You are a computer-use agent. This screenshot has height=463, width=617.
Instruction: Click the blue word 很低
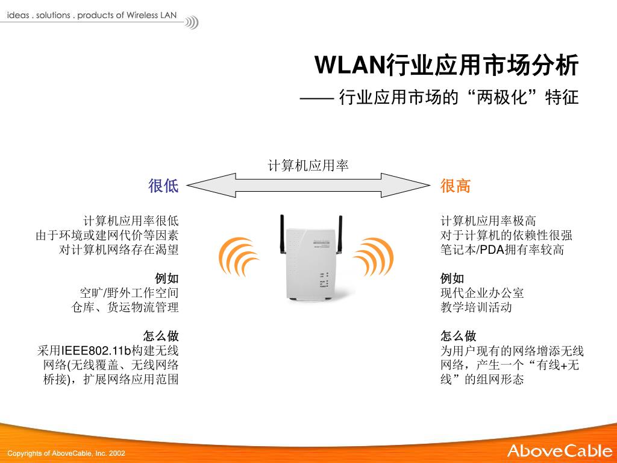pyautogui.click(x=163, y=186)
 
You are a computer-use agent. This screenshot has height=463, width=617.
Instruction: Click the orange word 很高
pyautogui.click(x=456, y=186)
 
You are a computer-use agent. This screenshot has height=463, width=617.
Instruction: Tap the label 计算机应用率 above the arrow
pyautogui.click(x=308, y=165)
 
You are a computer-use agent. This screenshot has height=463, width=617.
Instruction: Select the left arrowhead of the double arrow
pyautogui.click(x=211, y=185)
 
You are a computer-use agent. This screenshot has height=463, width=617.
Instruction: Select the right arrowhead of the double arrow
pyautogui.click(x=406, y=185)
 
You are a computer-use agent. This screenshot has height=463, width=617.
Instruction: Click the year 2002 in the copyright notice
pyautogui.click(x=117, y=453)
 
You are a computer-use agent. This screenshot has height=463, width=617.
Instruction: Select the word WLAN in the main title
pyautogui.click(x=350, y=65)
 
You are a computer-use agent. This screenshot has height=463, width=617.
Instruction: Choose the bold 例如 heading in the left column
pyautogui.click(x=167, y=279)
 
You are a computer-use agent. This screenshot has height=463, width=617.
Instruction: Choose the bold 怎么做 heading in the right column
pyautogui.click(x=459, y=336)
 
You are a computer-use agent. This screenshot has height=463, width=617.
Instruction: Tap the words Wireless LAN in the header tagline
pyautogui.click(x=151, y=15)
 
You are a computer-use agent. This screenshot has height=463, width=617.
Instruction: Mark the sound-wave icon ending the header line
pyautogui.click(x=192, y=23)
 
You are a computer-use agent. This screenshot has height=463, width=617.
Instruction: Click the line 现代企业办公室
pyautogui.click(x=482, y=293)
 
